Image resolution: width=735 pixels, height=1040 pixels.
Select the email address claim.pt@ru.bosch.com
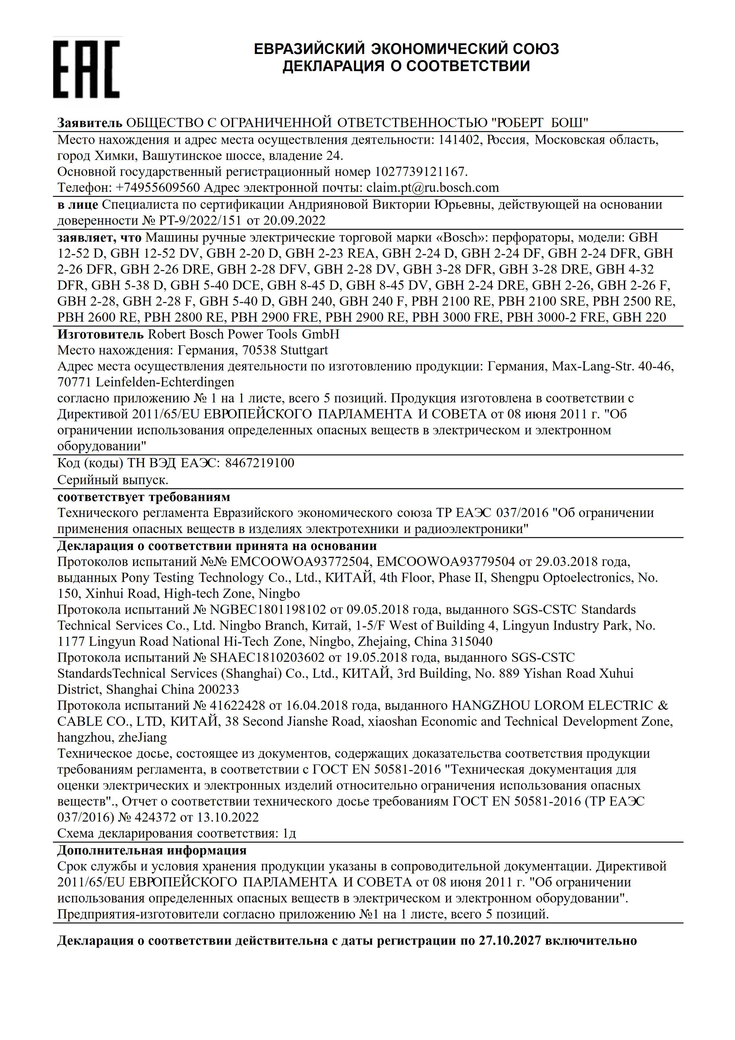[x=432, y=188]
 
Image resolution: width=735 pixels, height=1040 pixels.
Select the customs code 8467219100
[x=260, y=463]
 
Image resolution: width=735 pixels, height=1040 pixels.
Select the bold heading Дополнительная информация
[x=152, y=850]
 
